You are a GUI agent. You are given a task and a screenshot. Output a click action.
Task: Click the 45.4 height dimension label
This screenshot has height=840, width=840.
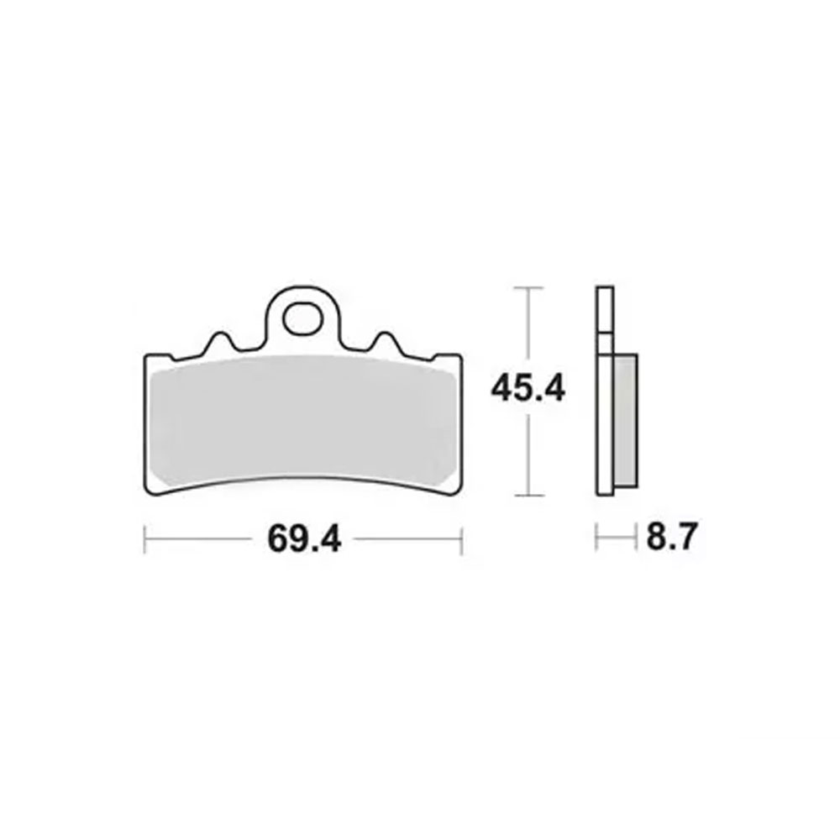(x=528, y=389)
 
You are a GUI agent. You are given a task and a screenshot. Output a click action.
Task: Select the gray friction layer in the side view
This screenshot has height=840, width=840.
(x=626, y=421)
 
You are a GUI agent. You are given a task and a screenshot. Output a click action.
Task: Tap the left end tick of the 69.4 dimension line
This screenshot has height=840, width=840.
(x=144, y=539)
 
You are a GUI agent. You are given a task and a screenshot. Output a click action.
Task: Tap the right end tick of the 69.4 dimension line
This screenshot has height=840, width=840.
(x=461, y=539)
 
